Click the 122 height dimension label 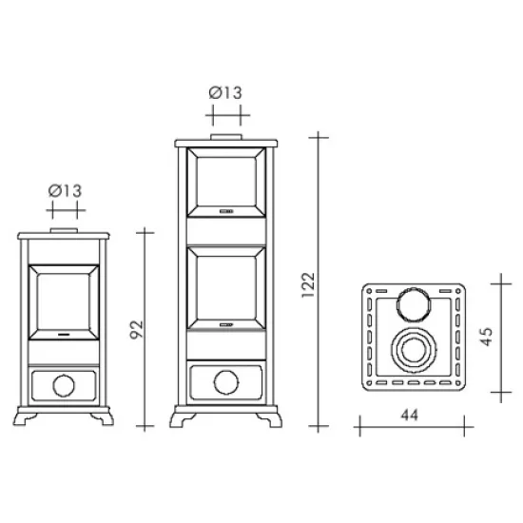(x=308, y=285)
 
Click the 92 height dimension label (x=136, y=330)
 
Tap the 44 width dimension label (x=409, y=416)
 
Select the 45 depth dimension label (x=486, y=337)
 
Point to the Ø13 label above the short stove (x=65, y=191)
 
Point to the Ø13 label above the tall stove (x=225, y=93)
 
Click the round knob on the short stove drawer (x=64, y=385)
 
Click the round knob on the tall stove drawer (x=226, y=382)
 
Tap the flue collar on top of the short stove (x=64, y=230)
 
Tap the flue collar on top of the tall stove (x=226, y=137)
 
